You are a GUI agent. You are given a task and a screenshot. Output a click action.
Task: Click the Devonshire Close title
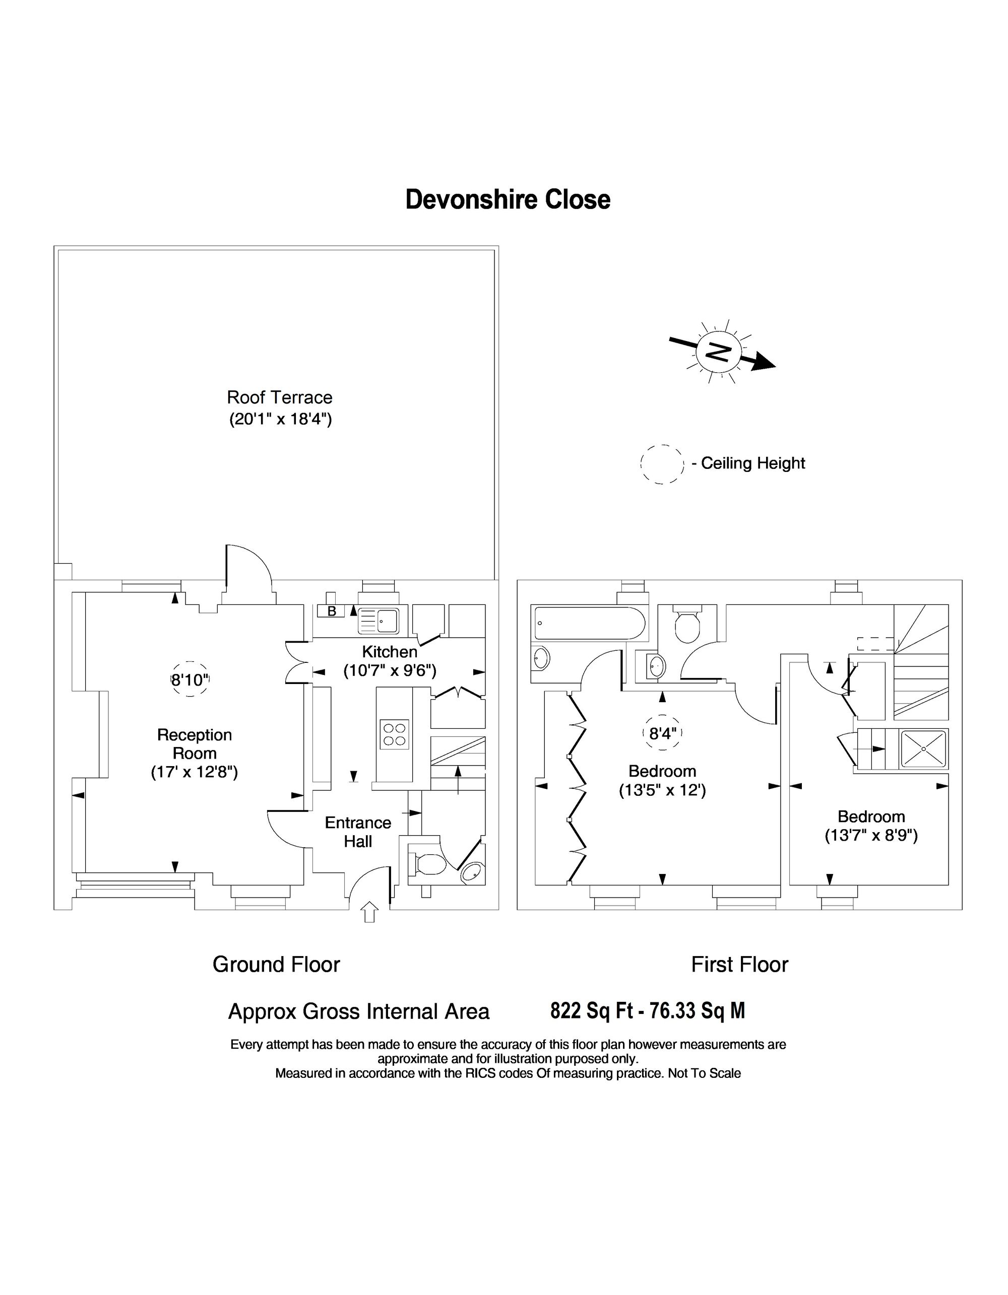coord(508,200)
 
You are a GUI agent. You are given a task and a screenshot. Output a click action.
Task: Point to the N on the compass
coord(719,354)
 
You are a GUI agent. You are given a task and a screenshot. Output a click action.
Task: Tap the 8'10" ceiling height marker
coord(191,679)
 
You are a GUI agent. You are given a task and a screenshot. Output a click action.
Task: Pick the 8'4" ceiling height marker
coord(663,733)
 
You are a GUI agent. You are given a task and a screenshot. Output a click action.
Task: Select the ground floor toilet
coord(426,864)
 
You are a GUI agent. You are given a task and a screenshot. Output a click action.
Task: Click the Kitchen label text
coord(390,652)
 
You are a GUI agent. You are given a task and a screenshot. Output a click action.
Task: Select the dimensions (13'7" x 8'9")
coord(871,836)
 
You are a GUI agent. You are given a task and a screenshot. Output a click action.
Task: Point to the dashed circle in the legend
coord(662,464)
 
